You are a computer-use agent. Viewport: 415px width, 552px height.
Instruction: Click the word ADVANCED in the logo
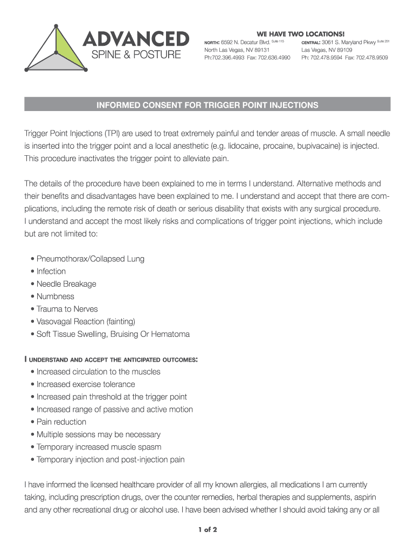coord(135,38)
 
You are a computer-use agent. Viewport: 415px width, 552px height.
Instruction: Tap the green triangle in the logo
coord(71,47)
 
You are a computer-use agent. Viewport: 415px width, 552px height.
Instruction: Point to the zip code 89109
coord(342,50)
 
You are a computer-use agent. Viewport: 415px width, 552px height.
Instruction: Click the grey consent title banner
coord(207,105)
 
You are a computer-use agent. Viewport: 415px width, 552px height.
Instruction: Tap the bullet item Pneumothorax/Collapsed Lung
coord(90,259)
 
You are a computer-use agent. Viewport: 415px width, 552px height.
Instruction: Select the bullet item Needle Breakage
coord(66,284)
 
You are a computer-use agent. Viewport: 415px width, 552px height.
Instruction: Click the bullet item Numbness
coord(55,296)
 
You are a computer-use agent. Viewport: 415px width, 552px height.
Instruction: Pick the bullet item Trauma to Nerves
coord(67,309)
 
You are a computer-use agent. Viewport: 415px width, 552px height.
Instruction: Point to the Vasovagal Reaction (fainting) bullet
coord(85,321)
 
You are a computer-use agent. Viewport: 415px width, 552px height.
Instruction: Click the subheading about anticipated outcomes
coord(111,359)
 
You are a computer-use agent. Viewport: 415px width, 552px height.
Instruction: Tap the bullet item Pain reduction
coord(61,422)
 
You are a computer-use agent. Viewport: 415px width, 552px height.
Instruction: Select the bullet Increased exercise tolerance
coord(86,384)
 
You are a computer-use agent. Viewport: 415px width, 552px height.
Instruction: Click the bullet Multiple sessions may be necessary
coord(98,434)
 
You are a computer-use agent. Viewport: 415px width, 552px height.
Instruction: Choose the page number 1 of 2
coord(207,529)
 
